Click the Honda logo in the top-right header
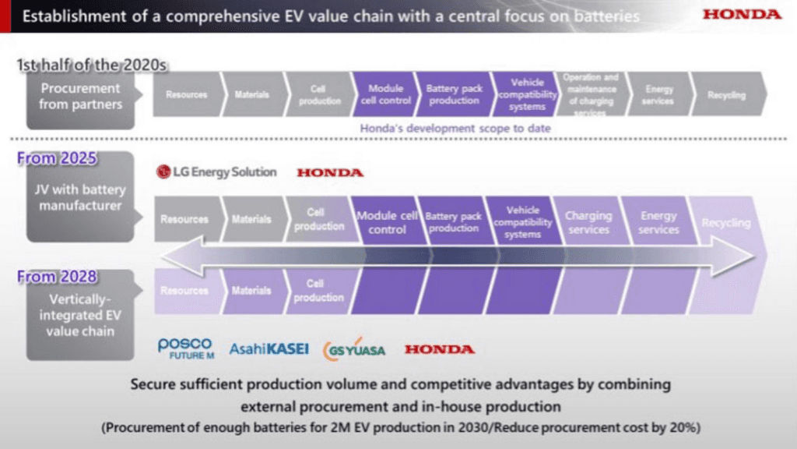pos(742,15)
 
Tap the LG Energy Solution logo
pos(217,172)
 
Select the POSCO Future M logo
pos(184,348)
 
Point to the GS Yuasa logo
pos(354,348)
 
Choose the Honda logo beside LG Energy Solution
pos(329,172)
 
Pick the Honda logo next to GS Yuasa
pos(439,349)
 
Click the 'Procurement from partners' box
pos(80,96)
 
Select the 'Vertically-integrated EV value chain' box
pos(80,314)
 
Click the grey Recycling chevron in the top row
pos(726,95)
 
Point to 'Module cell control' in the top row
pos(384,95)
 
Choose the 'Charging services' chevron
pos(588,222)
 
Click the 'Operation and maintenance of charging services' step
pos(591,95)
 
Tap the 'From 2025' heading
pos(57,158)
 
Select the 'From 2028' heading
pos(57,276)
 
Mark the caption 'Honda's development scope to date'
pos(455,128)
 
